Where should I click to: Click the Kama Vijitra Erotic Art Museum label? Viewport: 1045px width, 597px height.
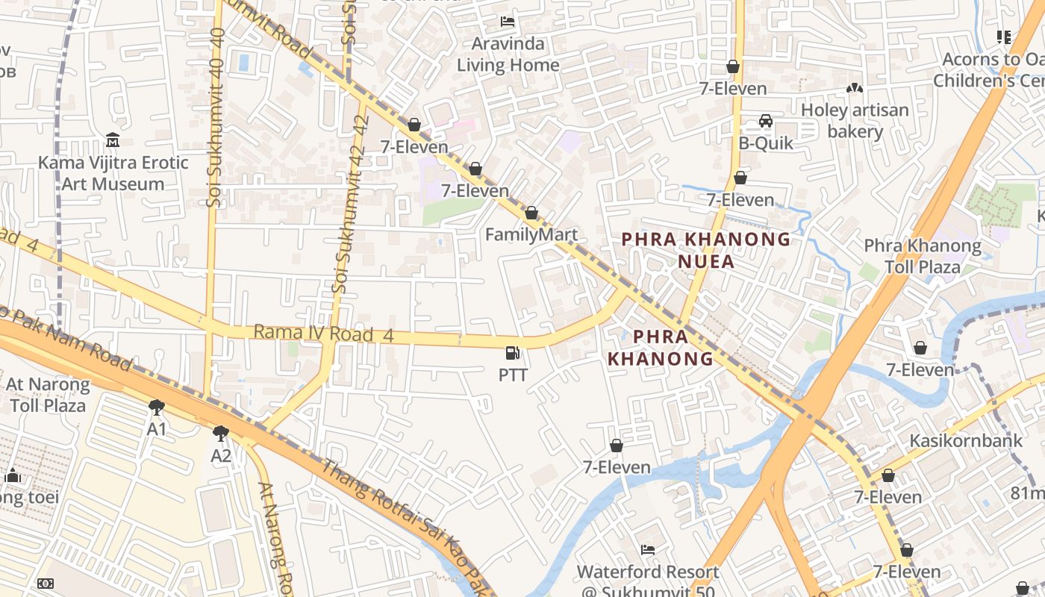[113, 173]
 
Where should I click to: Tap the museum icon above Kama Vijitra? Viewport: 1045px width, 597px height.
[113, 140]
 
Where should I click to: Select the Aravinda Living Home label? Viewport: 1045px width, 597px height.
[508, 54]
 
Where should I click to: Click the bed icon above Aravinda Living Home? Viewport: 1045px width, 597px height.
[508, 22]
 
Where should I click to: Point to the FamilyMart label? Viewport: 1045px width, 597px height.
[531, 235]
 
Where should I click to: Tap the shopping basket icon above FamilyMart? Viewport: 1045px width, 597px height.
[531, 213]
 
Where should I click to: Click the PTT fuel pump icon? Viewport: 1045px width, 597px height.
[513, 354]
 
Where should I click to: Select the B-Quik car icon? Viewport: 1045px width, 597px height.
[765, 121]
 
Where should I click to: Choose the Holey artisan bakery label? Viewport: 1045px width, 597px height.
[855, 121]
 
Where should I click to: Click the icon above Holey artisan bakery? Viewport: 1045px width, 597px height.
[855, 89]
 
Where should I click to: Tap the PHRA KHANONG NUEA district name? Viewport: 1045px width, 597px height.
[706, 250]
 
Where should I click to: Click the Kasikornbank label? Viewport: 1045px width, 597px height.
[965, 440]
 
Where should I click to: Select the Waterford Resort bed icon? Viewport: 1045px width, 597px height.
[648, 550]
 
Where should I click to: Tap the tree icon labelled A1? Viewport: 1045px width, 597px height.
[156, 407]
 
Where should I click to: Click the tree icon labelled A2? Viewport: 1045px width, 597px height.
[221, 434]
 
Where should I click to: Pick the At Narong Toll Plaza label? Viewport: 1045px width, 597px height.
[48, 396]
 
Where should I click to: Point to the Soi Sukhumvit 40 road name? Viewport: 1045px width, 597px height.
[216, 117]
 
